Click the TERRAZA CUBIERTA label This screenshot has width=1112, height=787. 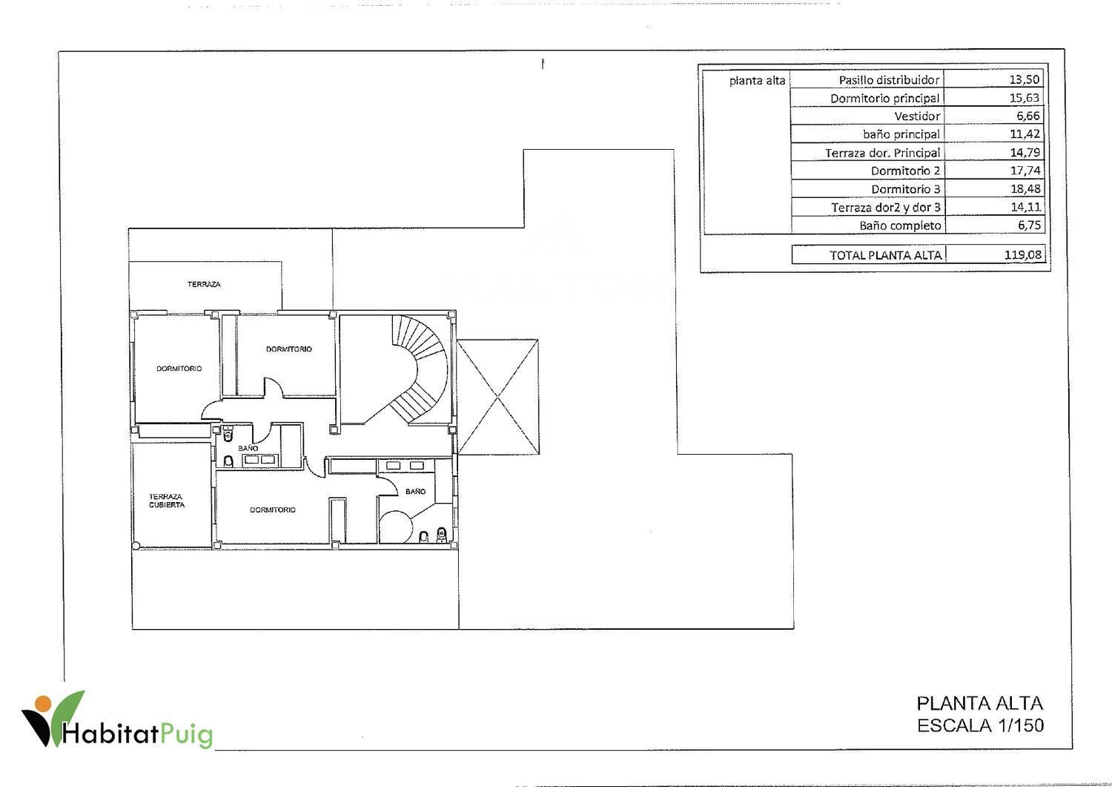166,501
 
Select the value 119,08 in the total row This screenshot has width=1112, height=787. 1022,255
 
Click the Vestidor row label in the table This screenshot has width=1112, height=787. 917,116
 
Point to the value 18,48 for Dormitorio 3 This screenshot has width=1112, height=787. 1025,189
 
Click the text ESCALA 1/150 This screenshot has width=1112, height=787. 980,725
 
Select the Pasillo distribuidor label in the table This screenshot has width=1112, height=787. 889,80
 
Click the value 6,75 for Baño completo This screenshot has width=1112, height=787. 1029,225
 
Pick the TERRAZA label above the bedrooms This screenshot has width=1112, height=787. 204,284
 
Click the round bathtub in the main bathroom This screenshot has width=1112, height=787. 396,527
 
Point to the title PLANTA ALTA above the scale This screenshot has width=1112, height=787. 979,703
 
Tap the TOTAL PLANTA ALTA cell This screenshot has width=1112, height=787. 886,255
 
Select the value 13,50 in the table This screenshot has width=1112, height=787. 1024,79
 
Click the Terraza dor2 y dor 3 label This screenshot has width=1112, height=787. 886,207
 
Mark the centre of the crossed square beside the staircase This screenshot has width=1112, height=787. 497,397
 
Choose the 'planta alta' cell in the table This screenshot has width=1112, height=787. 757,81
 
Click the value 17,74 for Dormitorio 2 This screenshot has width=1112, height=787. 1025,171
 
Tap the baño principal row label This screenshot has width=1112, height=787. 901,134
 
